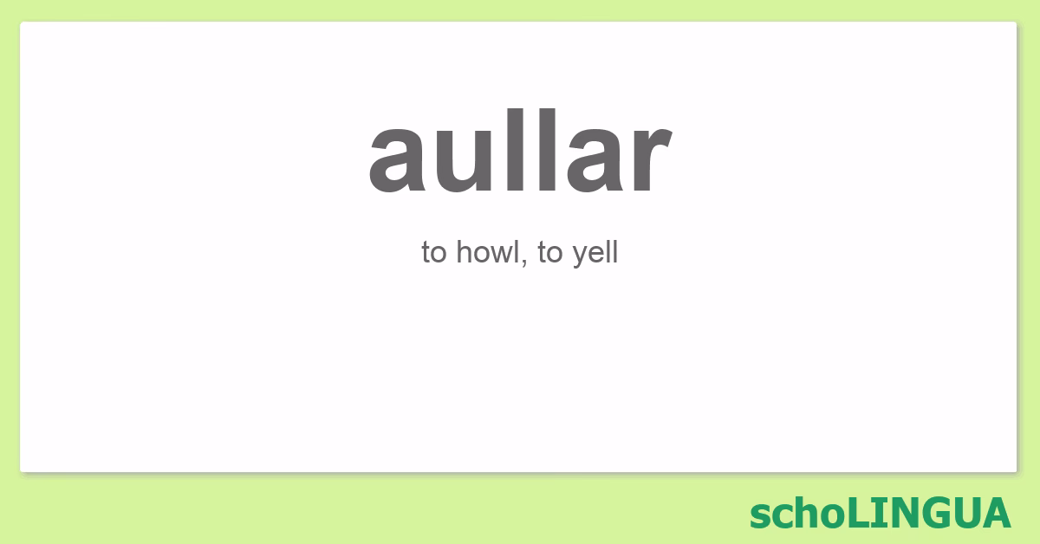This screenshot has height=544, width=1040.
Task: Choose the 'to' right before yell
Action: [x=550, y=254]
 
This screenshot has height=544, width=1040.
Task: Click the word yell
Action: [x=595, y=254]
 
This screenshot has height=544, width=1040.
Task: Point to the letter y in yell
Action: [x=580, y=256]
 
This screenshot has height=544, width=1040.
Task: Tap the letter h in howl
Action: [x=464, y=253]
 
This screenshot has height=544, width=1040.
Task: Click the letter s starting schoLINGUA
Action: [x=758, y=515]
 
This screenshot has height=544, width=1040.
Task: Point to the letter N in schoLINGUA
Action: [x=896, y=512]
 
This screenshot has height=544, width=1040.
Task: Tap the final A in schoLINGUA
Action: [x=996, y=512]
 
